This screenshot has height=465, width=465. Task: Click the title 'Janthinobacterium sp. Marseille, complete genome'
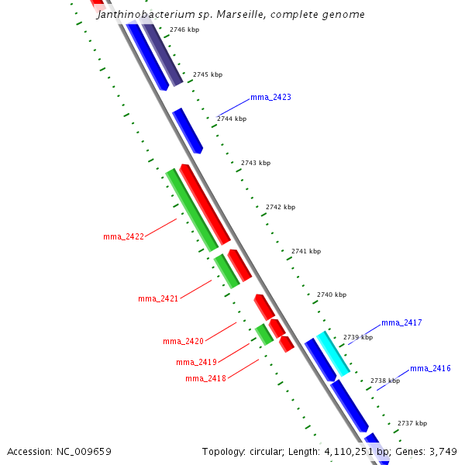coord(231,15)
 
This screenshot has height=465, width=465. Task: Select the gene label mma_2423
coord(270,98)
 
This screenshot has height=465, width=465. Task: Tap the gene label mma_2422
coord(123,236)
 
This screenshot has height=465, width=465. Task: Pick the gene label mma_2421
coord(158,298)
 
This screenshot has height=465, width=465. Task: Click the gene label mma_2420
coord(183,341)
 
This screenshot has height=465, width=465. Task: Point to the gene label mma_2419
coord(196,362)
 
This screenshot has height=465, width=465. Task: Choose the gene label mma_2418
coord(205,378)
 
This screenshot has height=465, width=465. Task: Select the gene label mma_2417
coord(401,322)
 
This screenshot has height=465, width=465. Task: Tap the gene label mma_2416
coord(430,368)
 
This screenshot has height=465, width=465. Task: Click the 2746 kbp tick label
coord(184,29)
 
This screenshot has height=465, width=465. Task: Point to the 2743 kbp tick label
coord(256,163)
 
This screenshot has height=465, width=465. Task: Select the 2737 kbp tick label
coord(412,424)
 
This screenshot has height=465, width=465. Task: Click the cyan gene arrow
coord(332,353)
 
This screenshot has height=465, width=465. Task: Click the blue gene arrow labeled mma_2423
coord(188,130)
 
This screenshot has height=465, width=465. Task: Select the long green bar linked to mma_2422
coord(191,209)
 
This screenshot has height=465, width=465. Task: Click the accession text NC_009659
coord(59,451)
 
